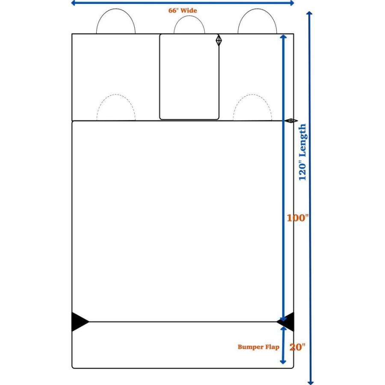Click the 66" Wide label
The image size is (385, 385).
point(182,11)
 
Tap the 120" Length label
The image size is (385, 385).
point(302,152)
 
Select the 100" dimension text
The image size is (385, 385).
point(298,218)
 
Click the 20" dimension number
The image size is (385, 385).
point(298,347)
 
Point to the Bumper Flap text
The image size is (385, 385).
point(258,347)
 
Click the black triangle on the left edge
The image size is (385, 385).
point(79,322)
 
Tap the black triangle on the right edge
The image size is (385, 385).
point(286,322)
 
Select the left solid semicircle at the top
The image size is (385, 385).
point(116,9)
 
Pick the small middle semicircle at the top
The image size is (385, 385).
point(190,16)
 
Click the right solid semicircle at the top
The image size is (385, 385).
point(258,9)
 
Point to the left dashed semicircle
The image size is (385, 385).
point(116,95)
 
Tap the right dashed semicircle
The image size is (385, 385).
point(252,94)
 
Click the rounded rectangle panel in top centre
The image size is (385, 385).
point(160,77)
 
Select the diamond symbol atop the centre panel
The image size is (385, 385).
point(219,41)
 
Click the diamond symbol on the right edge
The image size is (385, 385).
point(291,121)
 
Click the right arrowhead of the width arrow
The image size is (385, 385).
point(292,3)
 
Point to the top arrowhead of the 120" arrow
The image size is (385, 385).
point(310,13)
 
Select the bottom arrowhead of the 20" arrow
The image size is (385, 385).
point(283,362)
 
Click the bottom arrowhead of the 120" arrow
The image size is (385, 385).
point(311,382)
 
